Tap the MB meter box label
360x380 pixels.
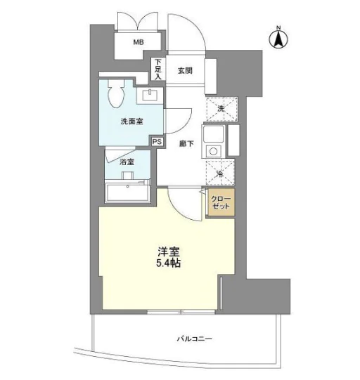tap(139, 42)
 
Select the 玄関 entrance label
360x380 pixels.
tap(185, 71)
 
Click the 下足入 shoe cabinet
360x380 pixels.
tap(158, 69)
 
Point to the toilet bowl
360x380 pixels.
tap(116, 94)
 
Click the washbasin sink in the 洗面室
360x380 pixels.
tap(150, 96)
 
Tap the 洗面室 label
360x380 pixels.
tap(131, 122)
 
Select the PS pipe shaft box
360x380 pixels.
tap(157, 142)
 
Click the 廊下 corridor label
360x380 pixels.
tap(186, 144)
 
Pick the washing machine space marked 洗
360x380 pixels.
tap(221, 109)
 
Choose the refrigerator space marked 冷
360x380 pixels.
tap(220, 172)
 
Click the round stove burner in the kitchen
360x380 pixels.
tap(213, 152)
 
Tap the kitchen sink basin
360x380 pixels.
tap(213, 133)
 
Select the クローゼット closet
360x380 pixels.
tap(221, 202)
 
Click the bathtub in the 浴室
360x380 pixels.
tap(127, 192)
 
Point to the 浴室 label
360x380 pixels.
tap(127, 162)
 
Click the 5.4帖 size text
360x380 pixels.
tap(168, 263)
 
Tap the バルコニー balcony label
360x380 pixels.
tap(194, 339)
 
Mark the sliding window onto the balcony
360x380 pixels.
tap(181, 312)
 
